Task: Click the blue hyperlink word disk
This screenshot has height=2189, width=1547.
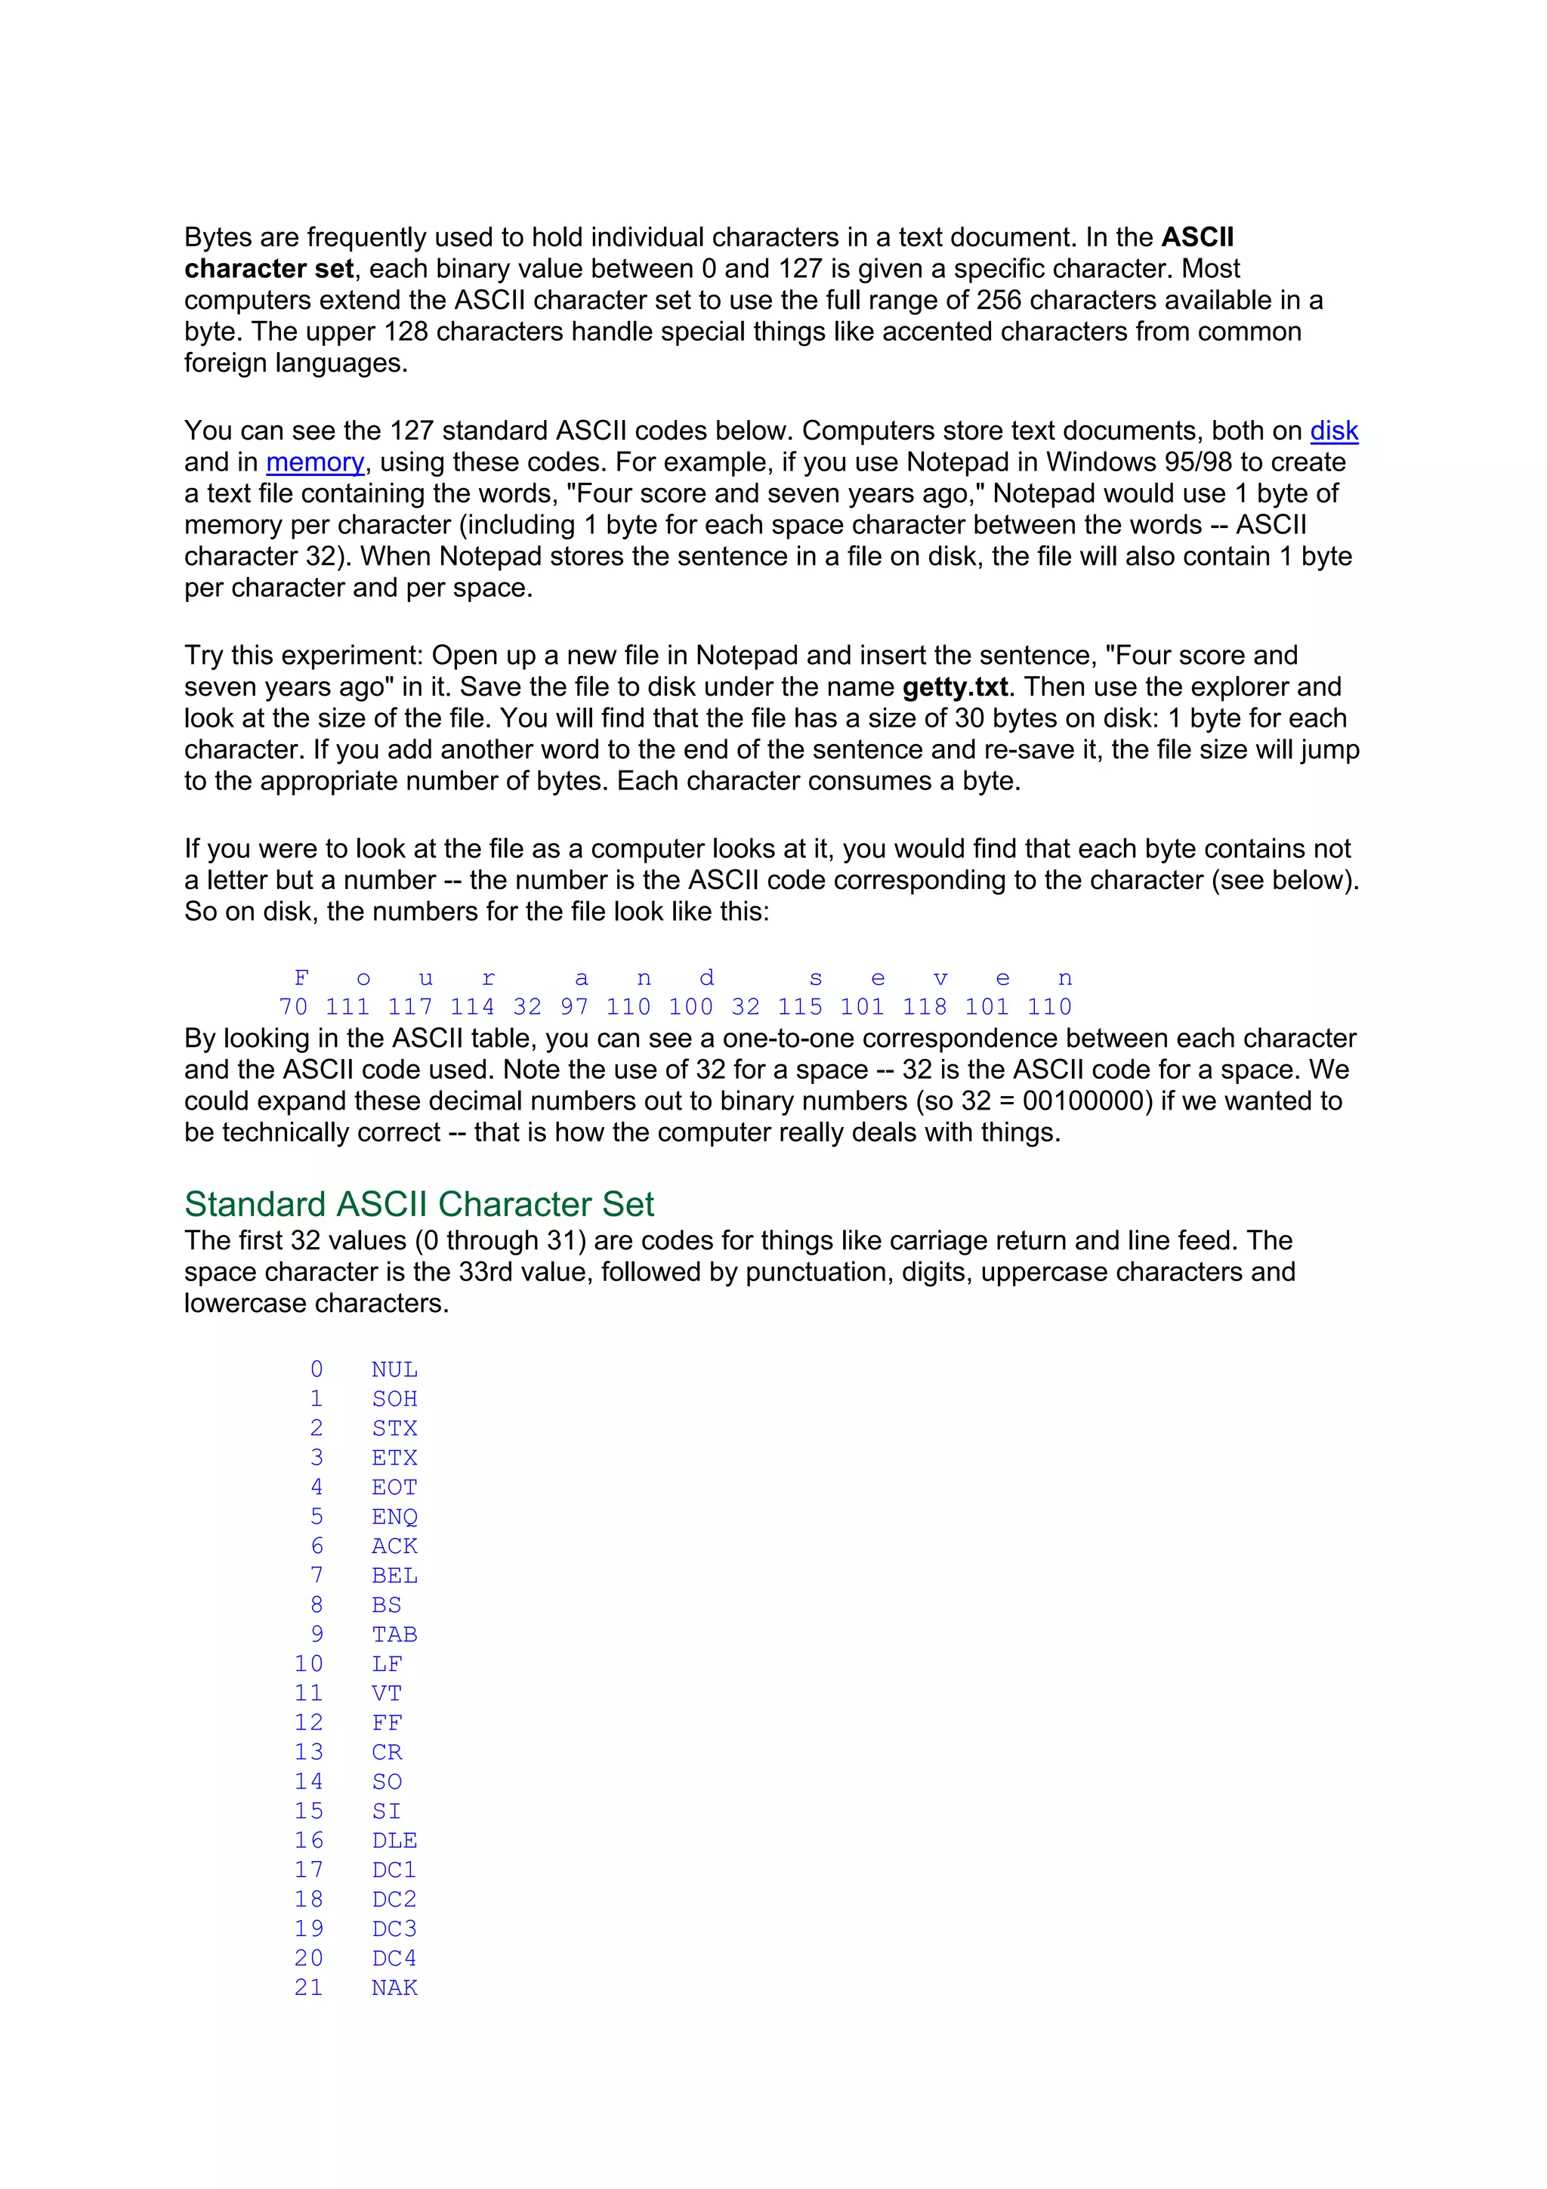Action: pos(1332,431)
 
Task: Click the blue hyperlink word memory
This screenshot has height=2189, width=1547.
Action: pos(314,462)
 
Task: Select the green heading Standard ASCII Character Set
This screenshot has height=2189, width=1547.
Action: pos(418,1204)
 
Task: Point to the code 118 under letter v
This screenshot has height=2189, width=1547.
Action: pos(925,1007)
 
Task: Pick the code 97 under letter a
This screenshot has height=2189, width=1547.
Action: pos(574,1007)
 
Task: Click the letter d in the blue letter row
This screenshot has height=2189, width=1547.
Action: pos(706,978)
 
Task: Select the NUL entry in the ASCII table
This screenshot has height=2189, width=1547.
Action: pos(394,1370)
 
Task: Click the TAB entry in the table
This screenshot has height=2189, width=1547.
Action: pos(394,1635)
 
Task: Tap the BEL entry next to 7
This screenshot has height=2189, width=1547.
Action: pos(394,1576)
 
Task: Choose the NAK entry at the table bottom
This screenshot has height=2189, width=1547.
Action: pos(394,1988)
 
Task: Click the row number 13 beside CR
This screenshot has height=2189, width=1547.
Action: pos(309,1752)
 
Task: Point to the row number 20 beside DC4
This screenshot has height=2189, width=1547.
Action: pos(309,1959)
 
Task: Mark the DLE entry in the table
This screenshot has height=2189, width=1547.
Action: pos(394,1841)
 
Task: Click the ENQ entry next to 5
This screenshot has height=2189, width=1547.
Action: pos(394,1517)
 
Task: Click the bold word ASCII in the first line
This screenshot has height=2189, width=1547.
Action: pos(1197,237)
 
